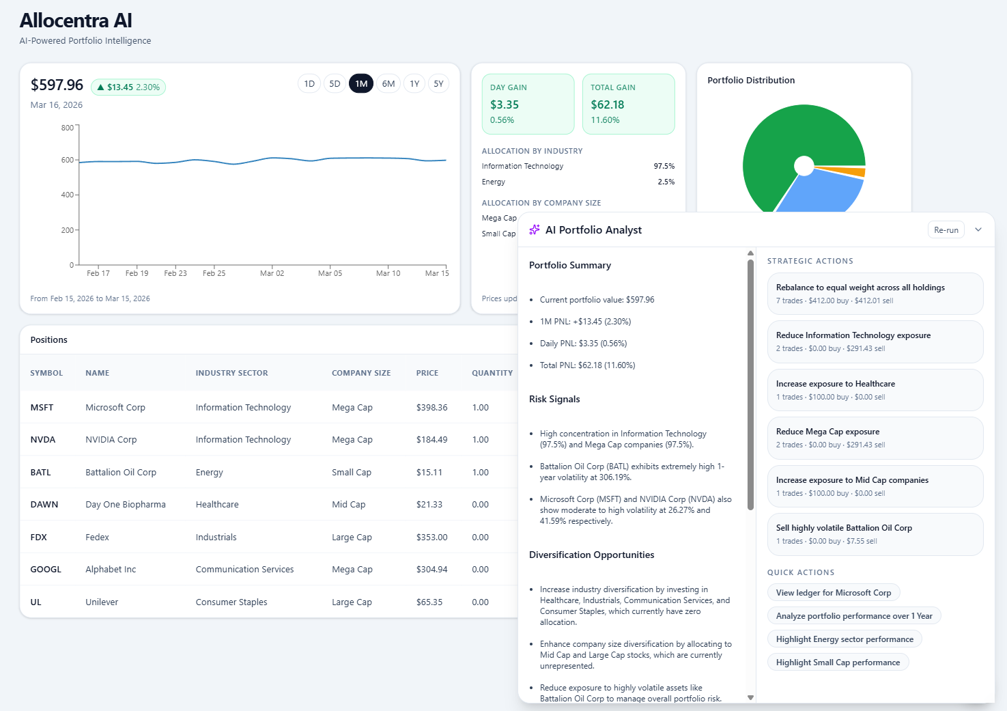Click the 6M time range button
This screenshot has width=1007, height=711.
click(x=388, y=84)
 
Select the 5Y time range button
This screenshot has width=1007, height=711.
click(x=438, y=84)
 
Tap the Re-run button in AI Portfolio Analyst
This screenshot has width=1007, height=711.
click(x=946, y=230)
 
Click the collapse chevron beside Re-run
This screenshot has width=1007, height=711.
click(x=978, y=230)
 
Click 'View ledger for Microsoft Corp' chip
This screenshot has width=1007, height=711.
click(x=833, y=593)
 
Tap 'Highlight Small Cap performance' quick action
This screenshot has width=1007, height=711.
click(x=838, y=663)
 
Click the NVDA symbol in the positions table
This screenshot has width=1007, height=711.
click(x=43, y=440)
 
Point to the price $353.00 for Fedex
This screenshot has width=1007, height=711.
click(x=431, y=538)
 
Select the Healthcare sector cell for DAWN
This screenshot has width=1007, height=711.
click(x=217, y=505)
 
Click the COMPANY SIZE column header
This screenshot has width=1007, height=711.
click(x=360, y=373)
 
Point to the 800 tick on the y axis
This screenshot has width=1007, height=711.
click(x=68, y=128)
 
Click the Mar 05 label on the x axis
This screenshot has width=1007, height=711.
click(x=330, y=273)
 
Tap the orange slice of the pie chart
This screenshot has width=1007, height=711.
click(x=857, y=172)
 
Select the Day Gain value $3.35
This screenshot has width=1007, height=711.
click(x=505, y=104)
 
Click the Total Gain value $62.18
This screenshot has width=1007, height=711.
click(x=607, y=104)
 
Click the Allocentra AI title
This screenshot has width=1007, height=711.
click(x=76, y=20)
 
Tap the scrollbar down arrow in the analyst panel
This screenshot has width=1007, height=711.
click(x=750, y=697)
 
